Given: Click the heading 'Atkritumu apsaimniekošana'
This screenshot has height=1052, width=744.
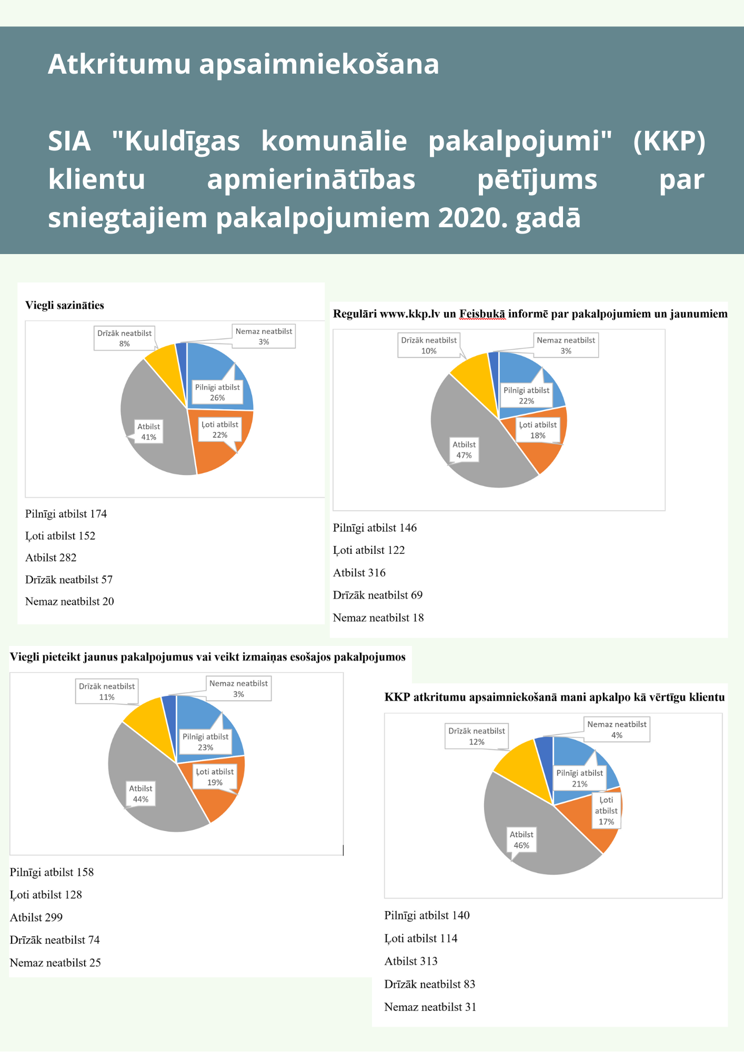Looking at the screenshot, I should (x=243, y=64).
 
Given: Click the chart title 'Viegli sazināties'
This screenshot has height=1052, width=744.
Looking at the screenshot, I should (x=65, y=306).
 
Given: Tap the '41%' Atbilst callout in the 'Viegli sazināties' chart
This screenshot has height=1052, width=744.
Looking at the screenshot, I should (x=148, y=432).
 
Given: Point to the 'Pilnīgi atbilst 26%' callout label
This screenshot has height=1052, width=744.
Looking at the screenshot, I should (x=217, y=392).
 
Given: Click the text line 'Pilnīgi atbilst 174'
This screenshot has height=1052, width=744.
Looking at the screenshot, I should (x=66, y=514).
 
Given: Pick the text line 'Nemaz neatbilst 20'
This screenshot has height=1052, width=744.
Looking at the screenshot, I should (x=69, y=602).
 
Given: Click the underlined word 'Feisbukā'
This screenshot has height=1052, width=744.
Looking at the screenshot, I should (x=482, y=315).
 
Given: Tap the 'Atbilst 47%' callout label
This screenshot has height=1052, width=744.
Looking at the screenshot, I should (x=464, y=450).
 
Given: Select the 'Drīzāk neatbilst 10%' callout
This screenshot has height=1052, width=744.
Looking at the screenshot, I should (x=429, y=346).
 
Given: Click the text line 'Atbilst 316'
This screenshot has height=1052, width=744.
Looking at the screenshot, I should (x=359, y=573).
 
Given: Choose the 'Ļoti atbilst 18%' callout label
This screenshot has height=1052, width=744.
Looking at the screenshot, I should (x=538, y=430).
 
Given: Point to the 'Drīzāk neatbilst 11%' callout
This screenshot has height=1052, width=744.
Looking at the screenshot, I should (x=107, y=692).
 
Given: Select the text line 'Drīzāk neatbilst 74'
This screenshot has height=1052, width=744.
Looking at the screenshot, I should (x=55, y=940).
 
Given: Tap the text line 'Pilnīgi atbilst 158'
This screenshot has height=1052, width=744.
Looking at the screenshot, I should (x=52, y=872).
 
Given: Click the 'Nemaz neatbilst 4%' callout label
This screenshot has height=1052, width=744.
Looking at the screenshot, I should (x=617, y=730).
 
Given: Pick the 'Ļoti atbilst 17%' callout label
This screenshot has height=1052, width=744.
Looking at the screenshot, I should (x=606, y=811).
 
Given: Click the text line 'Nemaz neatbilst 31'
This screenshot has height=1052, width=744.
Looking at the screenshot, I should (x=430, y=1007).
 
